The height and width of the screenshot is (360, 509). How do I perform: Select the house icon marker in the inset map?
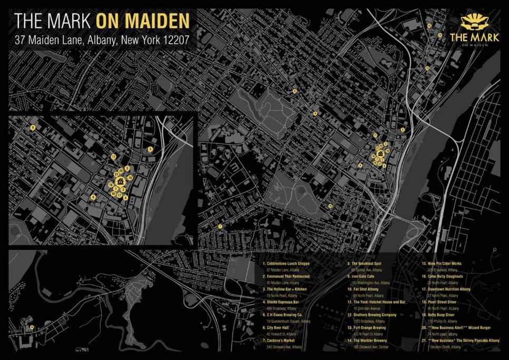[121, 181]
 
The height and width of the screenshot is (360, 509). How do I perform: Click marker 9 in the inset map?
[33, 128]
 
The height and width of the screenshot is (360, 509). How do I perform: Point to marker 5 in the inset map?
[150, 149]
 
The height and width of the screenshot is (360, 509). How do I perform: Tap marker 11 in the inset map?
[113, 157]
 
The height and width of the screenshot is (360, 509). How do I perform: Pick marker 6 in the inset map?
[93, 198]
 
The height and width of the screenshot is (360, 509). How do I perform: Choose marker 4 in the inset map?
[125, 197]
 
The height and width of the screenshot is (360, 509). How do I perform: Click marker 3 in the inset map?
[127, 168]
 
